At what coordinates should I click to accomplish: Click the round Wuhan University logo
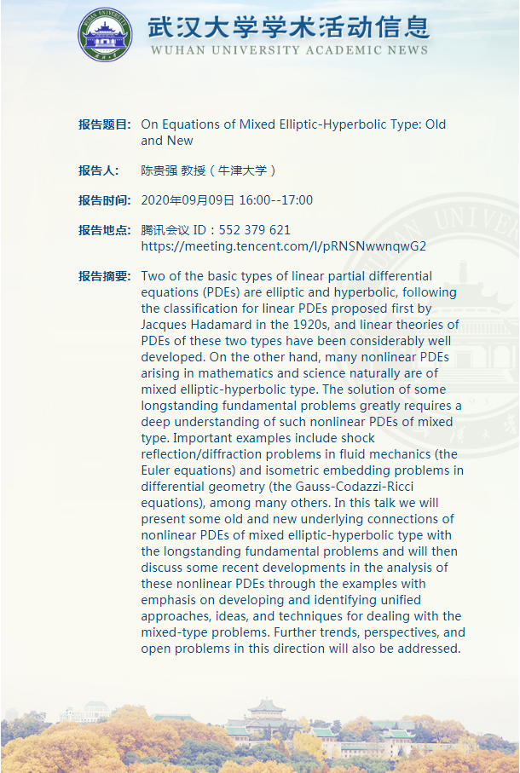tap(106, 35)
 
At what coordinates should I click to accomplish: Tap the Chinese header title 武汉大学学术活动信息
tap(288, 26)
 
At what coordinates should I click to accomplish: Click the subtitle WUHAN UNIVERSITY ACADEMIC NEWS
tap(288, 50)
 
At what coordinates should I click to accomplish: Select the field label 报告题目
tap(104, 124)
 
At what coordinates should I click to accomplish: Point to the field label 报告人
tap(98, 170)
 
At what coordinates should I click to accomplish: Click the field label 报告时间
tap(104, 200)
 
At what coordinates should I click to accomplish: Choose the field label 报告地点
tap(104, 230)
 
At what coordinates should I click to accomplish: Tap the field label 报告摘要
tap(104, 276)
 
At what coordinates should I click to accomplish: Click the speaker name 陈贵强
tap(159, 170)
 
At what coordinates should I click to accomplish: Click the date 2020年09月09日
tap(187, 200)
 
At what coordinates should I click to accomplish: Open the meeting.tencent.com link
tap(283, 246)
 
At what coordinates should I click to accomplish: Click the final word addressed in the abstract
tap(429, 649)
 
